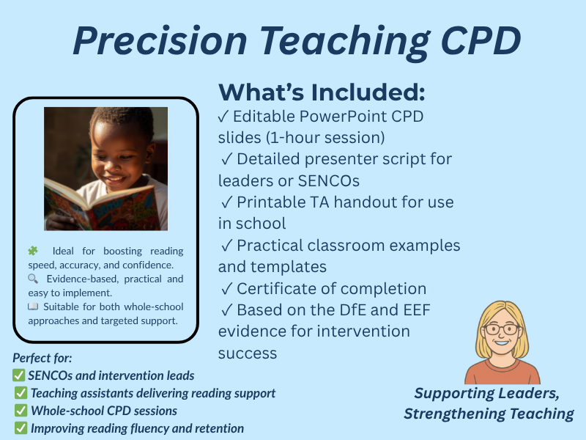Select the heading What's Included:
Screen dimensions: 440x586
tap(322, 92)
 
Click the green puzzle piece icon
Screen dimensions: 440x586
tap(33, 252)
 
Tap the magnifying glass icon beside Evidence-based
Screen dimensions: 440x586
tap(33, 279)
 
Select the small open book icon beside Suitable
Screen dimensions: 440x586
tap(33, 307)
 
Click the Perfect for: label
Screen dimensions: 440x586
tap(42, 359)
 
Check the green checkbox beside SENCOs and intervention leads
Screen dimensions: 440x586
tap(20, 375)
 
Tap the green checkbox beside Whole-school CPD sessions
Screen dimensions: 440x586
tap(20, 411)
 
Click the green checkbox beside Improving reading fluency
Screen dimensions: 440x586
tap(20, 428)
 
